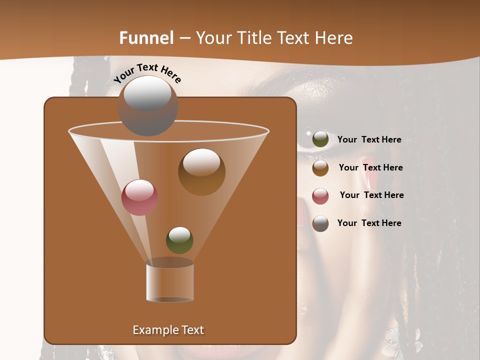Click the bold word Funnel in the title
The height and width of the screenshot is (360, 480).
tap(146, 38)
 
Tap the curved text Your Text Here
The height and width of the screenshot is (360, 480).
tap(147, 73)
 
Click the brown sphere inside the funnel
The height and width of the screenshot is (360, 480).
tap(201, 172)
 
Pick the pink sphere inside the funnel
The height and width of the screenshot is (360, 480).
tap(139, 197)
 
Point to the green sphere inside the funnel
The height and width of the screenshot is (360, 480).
tap(179, 240)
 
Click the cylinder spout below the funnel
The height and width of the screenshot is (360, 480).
tap(170, 282)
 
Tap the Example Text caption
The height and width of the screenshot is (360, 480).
tap(168, 330)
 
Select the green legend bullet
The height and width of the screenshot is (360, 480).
tap(320, 139)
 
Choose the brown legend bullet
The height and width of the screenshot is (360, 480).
tap(320, 168)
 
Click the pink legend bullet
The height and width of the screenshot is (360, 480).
tap(320, 196)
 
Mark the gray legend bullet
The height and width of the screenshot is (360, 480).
tap(320, 223)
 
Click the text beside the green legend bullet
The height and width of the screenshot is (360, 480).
tap(369, 139)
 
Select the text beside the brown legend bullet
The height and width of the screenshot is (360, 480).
tap(370, 167)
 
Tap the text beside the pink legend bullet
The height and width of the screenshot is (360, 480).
tap(371, 195)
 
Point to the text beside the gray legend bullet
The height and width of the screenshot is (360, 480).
tap(369, 223)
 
